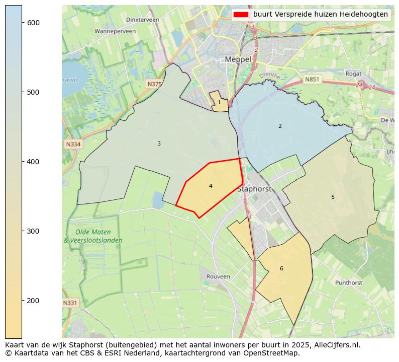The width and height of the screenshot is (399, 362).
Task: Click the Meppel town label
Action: tap(238, 59)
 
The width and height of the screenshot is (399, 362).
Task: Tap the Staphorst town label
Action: tap(254, 189)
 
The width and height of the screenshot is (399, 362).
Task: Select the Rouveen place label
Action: tap(218, 276)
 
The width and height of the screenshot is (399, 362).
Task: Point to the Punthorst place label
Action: tap(348, 283)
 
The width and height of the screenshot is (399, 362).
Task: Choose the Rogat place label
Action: tap(353, 74)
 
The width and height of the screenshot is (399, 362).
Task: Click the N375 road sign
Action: tap(154, 84)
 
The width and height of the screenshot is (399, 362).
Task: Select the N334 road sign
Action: tap(73, 144)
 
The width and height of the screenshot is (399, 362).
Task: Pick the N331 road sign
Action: tap(70, 303)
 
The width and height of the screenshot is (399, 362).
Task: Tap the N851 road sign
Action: tap(312, 79)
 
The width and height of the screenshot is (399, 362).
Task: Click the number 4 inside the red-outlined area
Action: tap(211, 186)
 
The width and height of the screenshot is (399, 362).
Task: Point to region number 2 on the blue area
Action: tap(280, 126)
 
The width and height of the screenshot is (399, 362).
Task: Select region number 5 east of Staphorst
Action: tap(333, 197)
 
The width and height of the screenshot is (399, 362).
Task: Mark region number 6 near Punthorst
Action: tap(281, 268)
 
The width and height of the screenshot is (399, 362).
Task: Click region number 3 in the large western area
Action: tap(159, 143)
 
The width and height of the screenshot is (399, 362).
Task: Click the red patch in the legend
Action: tap(241, 15)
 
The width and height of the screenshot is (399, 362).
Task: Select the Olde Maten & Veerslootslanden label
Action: tap(93, 236)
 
